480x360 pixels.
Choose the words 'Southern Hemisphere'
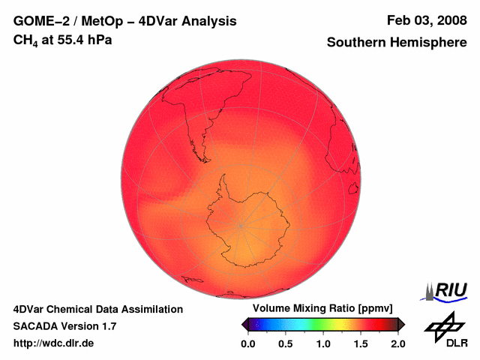tap(396, 43)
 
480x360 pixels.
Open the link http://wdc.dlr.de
tap(54, 343)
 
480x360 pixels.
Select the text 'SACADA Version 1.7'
tap(64, 326)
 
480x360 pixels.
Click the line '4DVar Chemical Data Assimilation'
tap(98, 309)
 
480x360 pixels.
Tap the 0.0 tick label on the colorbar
tap(248, 343)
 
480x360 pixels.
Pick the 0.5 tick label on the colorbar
tap(286, 343)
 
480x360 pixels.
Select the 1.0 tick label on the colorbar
tap(323, 343)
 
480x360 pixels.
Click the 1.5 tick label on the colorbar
tap(361, 343)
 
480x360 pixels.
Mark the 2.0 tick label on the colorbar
tap(398, 343)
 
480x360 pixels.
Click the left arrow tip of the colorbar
tap(244, 324)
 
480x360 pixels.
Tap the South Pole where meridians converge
tap(241, 225)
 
